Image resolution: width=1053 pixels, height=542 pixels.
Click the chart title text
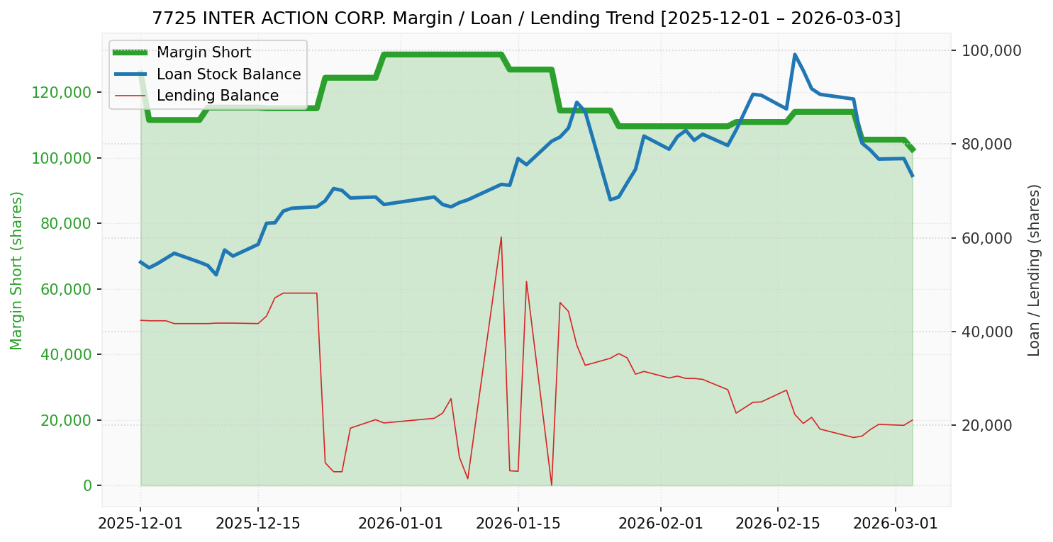[526, 18]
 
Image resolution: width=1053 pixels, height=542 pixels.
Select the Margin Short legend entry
[204, 52]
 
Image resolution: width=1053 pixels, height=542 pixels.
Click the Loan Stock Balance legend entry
[228, 74]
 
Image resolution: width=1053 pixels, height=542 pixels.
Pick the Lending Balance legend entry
[217, 96]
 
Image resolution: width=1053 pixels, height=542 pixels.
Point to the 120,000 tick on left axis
[62, 92]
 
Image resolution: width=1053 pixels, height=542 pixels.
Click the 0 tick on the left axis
[88, 485]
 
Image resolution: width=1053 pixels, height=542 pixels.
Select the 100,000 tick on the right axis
[990, 50]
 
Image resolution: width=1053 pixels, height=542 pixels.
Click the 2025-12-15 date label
[257, 524]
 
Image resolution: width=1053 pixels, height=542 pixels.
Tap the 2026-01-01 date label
[401, 524]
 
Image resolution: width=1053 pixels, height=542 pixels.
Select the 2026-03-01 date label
[895, 524]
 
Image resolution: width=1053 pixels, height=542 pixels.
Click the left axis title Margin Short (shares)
[17, 270]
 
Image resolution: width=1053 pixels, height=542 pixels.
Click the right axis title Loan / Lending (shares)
[1035, 270]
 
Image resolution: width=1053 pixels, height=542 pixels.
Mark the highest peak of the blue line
[794, 55]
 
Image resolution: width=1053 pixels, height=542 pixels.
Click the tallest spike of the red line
[501, 237]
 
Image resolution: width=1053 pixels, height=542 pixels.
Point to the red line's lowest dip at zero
[552, 485]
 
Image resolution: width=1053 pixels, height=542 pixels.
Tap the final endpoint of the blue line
[912, 175]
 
